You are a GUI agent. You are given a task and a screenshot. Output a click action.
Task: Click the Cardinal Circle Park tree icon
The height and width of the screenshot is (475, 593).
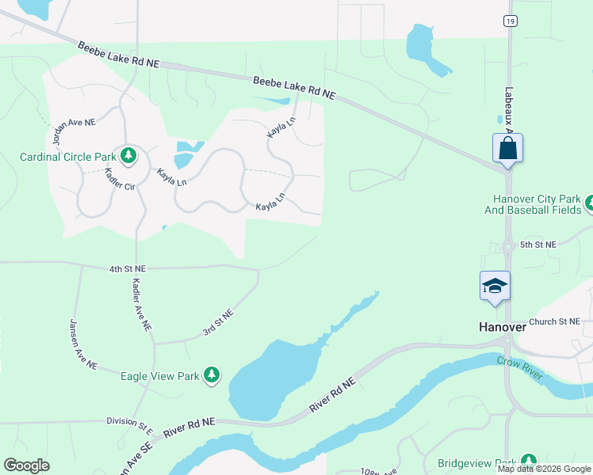[127, 154]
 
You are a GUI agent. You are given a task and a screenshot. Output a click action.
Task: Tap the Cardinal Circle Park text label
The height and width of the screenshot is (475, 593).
[67, 157]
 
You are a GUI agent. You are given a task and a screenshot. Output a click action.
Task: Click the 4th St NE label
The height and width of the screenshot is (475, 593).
[128, 269]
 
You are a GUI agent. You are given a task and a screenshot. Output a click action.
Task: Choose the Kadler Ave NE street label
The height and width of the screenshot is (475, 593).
[141, 305]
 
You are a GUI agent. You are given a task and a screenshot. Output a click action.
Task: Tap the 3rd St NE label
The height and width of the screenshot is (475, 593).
[218, 322]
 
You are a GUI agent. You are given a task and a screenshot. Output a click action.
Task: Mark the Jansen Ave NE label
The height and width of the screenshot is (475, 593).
[82, 344]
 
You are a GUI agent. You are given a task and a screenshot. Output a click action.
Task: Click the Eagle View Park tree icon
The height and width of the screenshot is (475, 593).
[212, 375]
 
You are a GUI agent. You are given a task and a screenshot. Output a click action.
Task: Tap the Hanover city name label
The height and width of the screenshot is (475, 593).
[503, 326]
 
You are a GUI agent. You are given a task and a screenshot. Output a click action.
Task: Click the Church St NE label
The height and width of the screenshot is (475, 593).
[554, 321]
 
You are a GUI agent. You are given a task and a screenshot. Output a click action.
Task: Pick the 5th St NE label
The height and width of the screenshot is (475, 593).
[538, 245]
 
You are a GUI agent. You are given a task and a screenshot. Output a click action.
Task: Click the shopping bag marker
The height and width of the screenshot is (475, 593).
[507, 148]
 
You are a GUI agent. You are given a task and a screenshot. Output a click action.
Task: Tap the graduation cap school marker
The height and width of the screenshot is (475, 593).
[495, 286]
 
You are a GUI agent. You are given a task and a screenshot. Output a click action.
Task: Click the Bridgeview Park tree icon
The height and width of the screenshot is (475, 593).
[529, 462]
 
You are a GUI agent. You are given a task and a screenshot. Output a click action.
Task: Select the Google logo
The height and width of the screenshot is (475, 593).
[26, 465]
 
